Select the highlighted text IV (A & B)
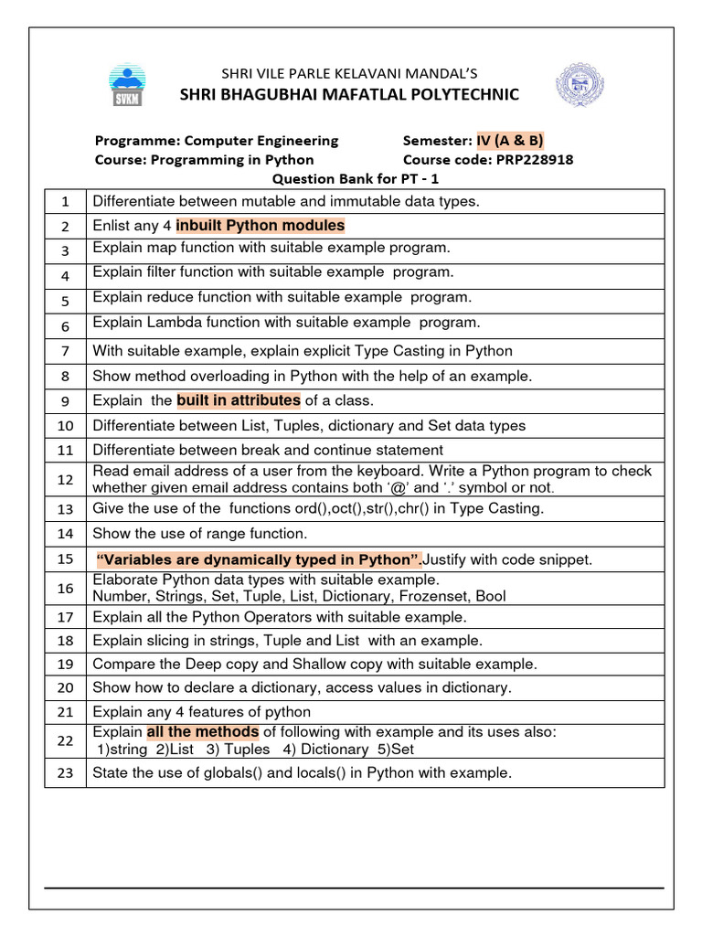pos(509,141)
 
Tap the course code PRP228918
pos(535,160)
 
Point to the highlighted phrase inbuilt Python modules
pos(261,226)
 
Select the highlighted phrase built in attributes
pos(238,400)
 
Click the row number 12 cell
pos(65,480)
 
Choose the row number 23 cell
pos(65,773)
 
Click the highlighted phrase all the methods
pos(203,732)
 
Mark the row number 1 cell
pos(65,201)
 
